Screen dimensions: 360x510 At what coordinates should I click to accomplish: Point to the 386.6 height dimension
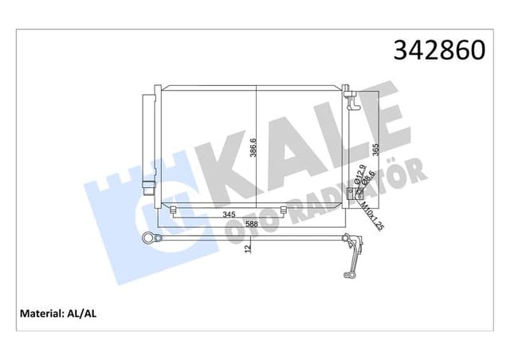click(x=253, y=144)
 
